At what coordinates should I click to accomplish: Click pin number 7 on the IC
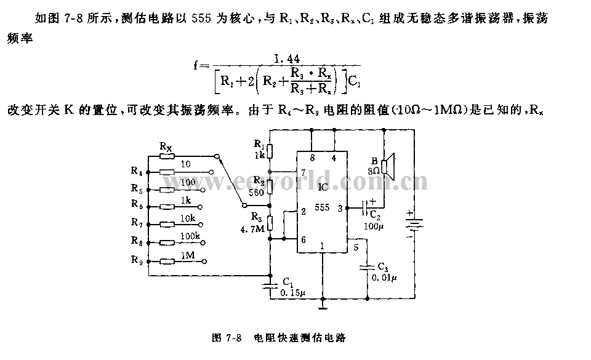pyautogui.click(x=302, y=171)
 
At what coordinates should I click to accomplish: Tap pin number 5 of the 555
pyautogui.click(x=355, y=248)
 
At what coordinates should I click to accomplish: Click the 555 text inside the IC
pyautogui.click(x=322, y=207)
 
